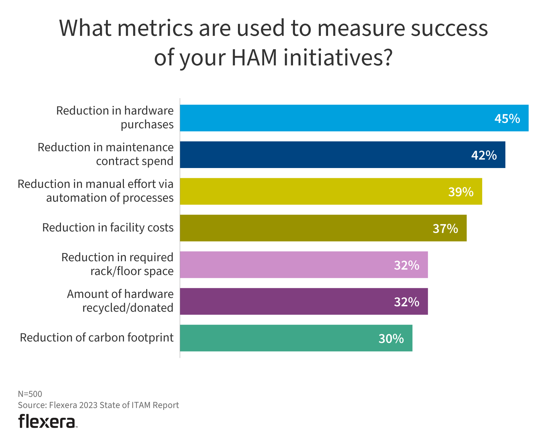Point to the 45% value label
coord(507,118)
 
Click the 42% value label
coord(484,155)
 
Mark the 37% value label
coord(445,228)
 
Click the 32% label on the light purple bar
coord(406,265)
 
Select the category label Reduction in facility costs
coord(108,228)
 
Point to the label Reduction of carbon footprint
coord(97,338)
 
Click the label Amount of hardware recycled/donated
coord(120,301)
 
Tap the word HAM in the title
coord(254,57)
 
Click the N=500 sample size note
coord(30,394)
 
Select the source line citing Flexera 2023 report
coord(98,405)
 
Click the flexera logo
coord(48,421)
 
